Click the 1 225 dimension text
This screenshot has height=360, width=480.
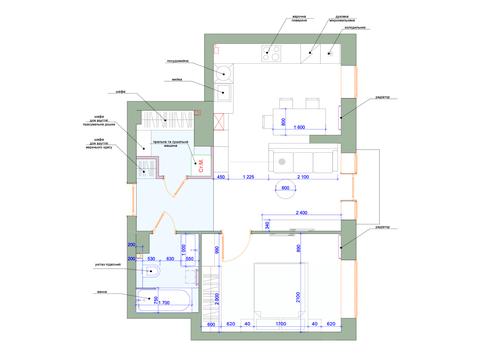[x=251, y=178]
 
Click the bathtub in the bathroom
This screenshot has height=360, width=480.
[x=160, y=297]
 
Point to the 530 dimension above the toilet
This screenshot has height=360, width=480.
[x=153, y=258]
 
